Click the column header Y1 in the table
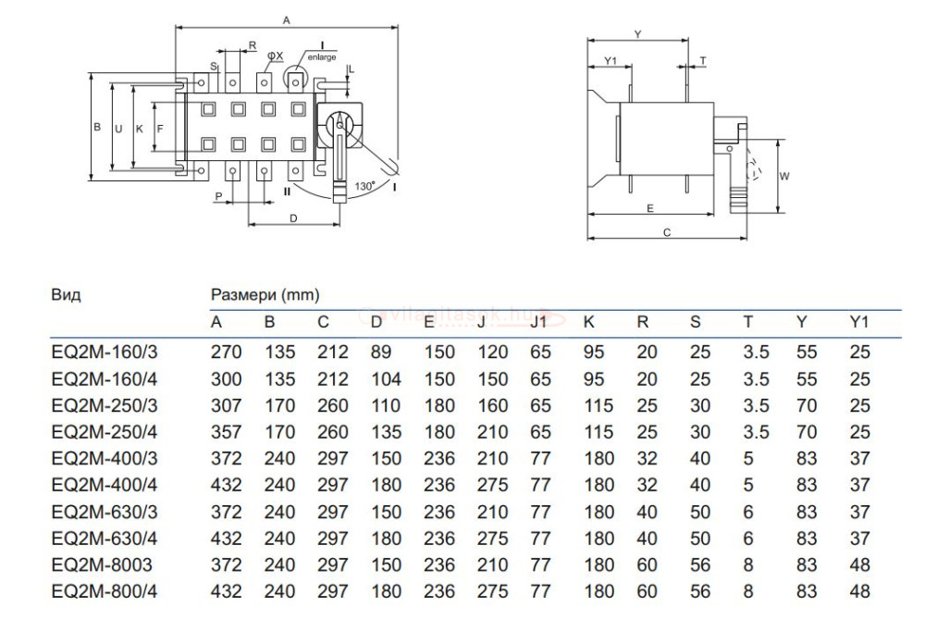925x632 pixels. tap(859, 322)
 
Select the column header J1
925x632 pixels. tap(538, 322)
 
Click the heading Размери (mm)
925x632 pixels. tap(265, 295)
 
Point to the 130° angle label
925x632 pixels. tap(364, 186)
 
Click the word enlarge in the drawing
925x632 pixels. tap(322, 56)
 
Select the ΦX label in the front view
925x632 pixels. tap(275, 56)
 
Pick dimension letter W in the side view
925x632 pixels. tap(783, 175)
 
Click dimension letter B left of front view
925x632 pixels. tap(96, 129)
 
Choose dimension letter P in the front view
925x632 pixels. tap(218, 197)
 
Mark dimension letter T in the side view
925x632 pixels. tap(703, 60)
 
